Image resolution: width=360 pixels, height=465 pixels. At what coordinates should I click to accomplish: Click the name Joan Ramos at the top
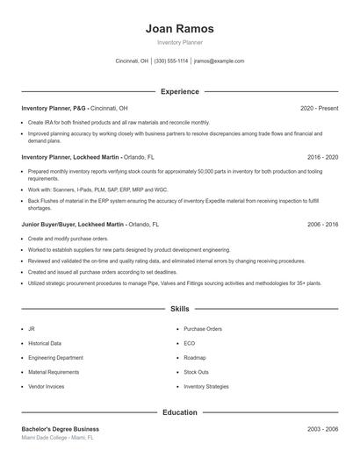179,28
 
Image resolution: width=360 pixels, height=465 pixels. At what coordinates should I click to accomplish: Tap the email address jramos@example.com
219,61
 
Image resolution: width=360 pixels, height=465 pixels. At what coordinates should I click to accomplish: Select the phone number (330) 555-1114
171,61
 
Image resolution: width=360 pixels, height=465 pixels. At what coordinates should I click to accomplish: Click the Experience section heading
179,91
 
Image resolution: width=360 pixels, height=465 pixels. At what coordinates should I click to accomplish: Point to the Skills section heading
179,309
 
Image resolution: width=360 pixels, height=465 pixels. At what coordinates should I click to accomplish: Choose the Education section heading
179,411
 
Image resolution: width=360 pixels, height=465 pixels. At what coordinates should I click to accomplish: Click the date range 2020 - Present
319,108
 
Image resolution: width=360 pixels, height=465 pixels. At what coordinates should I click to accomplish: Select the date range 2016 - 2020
322,157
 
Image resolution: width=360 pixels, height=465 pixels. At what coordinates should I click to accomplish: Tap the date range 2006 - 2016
322,225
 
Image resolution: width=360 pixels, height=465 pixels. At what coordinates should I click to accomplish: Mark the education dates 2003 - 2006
322,429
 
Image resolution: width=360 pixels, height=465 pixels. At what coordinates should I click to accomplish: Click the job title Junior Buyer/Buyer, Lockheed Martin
73,225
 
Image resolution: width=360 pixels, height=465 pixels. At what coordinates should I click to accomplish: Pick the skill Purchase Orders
203,329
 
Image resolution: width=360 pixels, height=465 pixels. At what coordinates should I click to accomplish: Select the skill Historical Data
45,343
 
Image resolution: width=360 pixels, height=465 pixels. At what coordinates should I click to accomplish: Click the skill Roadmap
195,358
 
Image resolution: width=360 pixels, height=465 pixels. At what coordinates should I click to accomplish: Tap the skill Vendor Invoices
47,386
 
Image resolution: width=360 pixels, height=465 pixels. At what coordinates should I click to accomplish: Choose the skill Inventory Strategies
206,386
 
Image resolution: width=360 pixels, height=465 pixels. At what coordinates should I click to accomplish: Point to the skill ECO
190,343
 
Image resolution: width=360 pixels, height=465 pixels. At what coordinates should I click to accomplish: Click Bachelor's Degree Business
60,429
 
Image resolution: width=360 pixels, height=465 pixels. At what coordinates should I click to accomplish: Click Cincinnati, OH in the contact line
132,61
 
